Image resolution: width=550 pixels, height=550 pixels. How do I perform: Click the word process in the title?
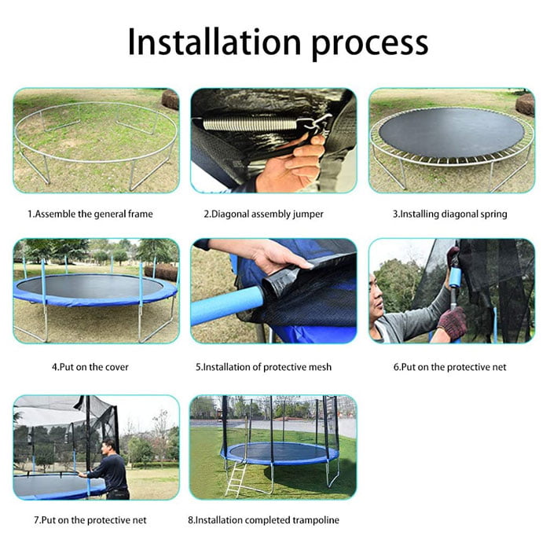[x=368, y=43]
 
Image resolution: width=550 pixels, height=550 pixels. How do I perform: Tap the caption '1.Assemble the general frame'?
[x=90, y=214]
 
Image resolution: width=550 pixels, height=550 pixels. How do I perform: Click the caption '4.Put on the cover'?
[x=90, y=366]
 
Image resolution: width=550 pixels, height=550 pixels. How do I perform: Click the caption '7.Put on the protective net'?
[x=90, y=520]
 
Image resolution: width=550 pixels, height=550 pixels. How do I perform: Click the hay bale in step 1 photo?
[x=170, y=99]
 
